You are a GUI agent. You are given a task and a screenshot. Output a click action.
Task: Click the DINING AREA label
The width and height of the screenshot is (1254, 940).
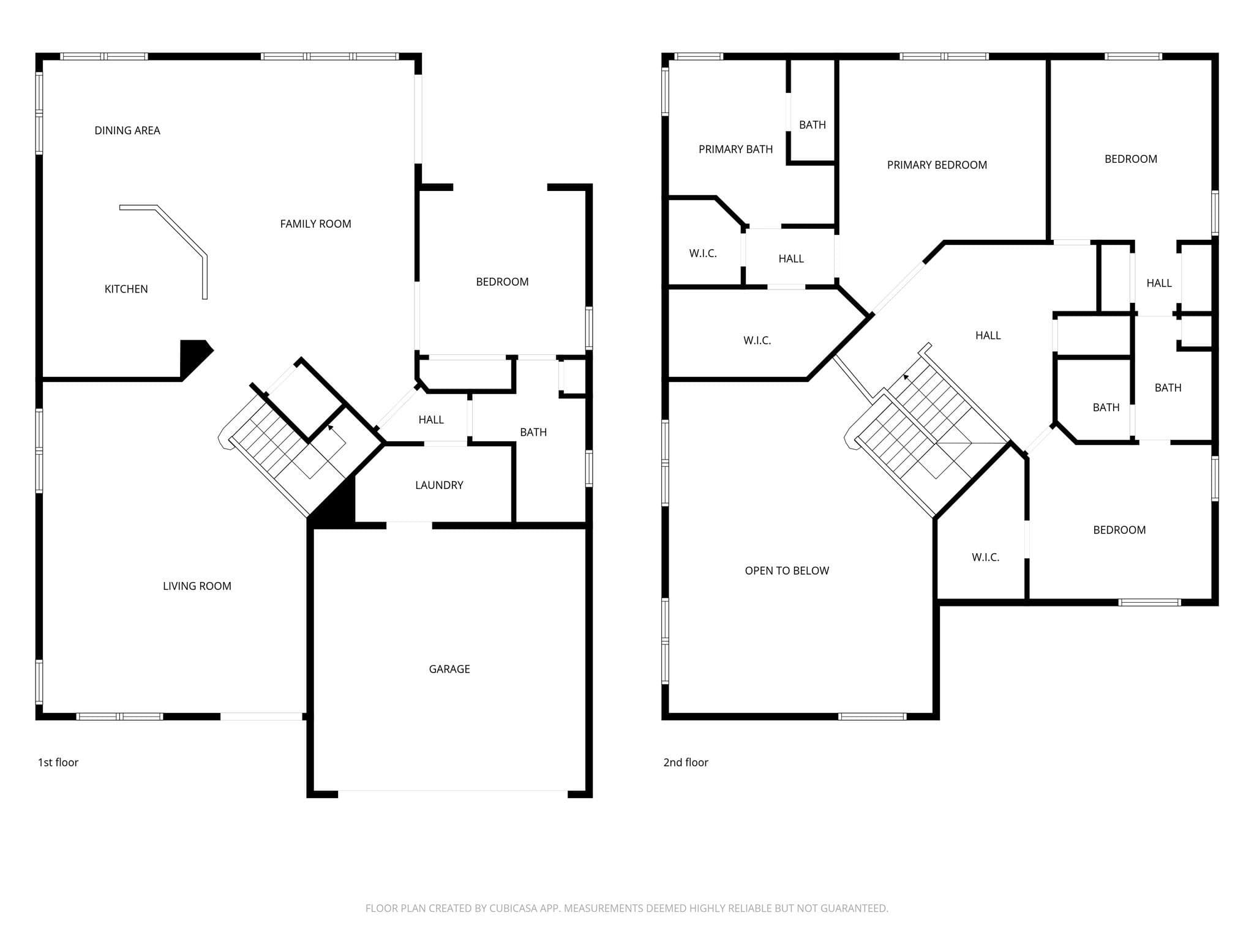127,130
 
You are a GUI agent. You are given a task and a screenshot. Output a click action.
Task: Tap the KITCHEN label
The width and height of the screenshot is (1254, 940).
126,289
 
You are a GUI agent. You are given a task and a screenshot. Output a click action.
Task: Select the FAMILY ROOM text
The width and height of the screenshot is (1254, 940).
315,224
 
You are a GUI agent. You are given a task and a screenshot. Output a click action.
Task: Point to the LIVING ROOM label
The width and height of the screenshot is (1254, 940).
197,586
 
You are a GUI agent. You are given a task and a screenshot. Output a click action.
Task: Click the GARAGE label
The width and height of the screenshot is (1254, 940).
449,669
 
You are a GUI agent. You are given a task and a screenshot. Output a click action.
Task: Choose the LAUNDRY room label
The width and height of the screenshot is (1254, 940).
439,485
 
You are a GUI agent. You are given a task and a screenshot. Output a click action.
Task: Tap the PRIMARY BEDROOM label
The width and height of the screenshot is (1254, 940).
937,165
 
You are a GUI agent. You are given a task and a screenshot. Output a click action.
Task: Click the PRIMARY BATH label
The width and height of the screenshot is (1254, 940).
735,149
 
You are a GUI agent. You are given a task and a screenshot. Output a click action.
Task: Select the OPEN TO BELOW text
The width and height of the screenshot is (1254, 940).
787,570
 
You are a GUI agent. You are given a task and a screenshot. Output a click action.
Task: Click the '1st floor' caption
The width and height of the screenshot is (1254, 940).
58,762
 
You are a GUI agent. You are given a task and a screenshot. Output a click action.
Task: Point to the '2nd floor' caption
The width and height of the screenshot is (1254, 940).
686,762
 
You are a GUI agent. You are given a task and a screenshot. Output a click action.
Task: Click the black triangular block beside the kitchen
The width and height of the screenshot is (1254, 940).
194,357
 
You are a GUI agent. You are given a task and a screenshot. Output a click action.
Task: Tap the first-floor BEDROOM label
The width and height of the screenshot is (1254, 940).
502,282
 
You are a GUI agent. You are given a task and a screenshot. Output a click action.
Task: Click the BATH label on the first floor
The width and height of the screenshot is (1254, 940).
533,432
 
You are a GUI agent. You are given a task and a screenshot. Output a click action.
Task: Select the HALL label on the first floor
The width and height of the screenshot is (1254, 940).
431,420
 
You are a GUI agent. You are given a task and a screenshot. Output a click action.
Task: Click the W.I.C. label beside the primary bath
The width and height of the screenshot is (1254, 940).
703,253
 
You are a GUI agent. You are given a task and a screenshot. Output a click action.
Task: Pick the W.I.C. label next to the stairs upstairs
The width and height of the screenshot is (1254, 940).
985,557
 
